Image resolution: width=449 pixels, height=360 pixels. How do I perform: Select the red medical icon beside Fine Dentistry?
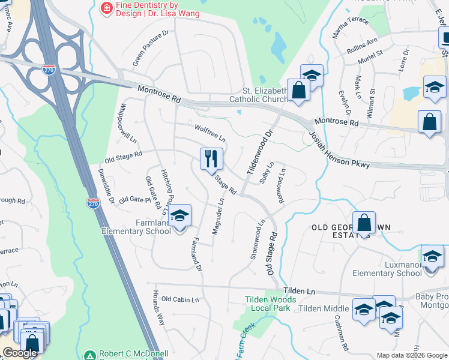coord(107,8)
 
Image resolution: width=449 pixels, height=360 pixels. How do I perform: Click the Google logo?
coord(20,353)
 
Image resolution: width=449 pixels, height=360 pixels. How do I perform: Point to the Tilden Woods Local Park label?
coord(270,304)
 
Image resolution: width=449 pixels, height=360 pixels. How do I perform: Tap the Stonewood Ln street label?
coord(256,239)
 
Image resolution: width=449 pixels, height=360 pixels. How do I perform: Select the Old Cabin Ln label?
coord(179,299)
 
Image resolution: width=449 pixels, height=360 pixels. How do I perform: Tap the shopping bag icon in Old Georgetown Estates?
coord(364,223)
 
